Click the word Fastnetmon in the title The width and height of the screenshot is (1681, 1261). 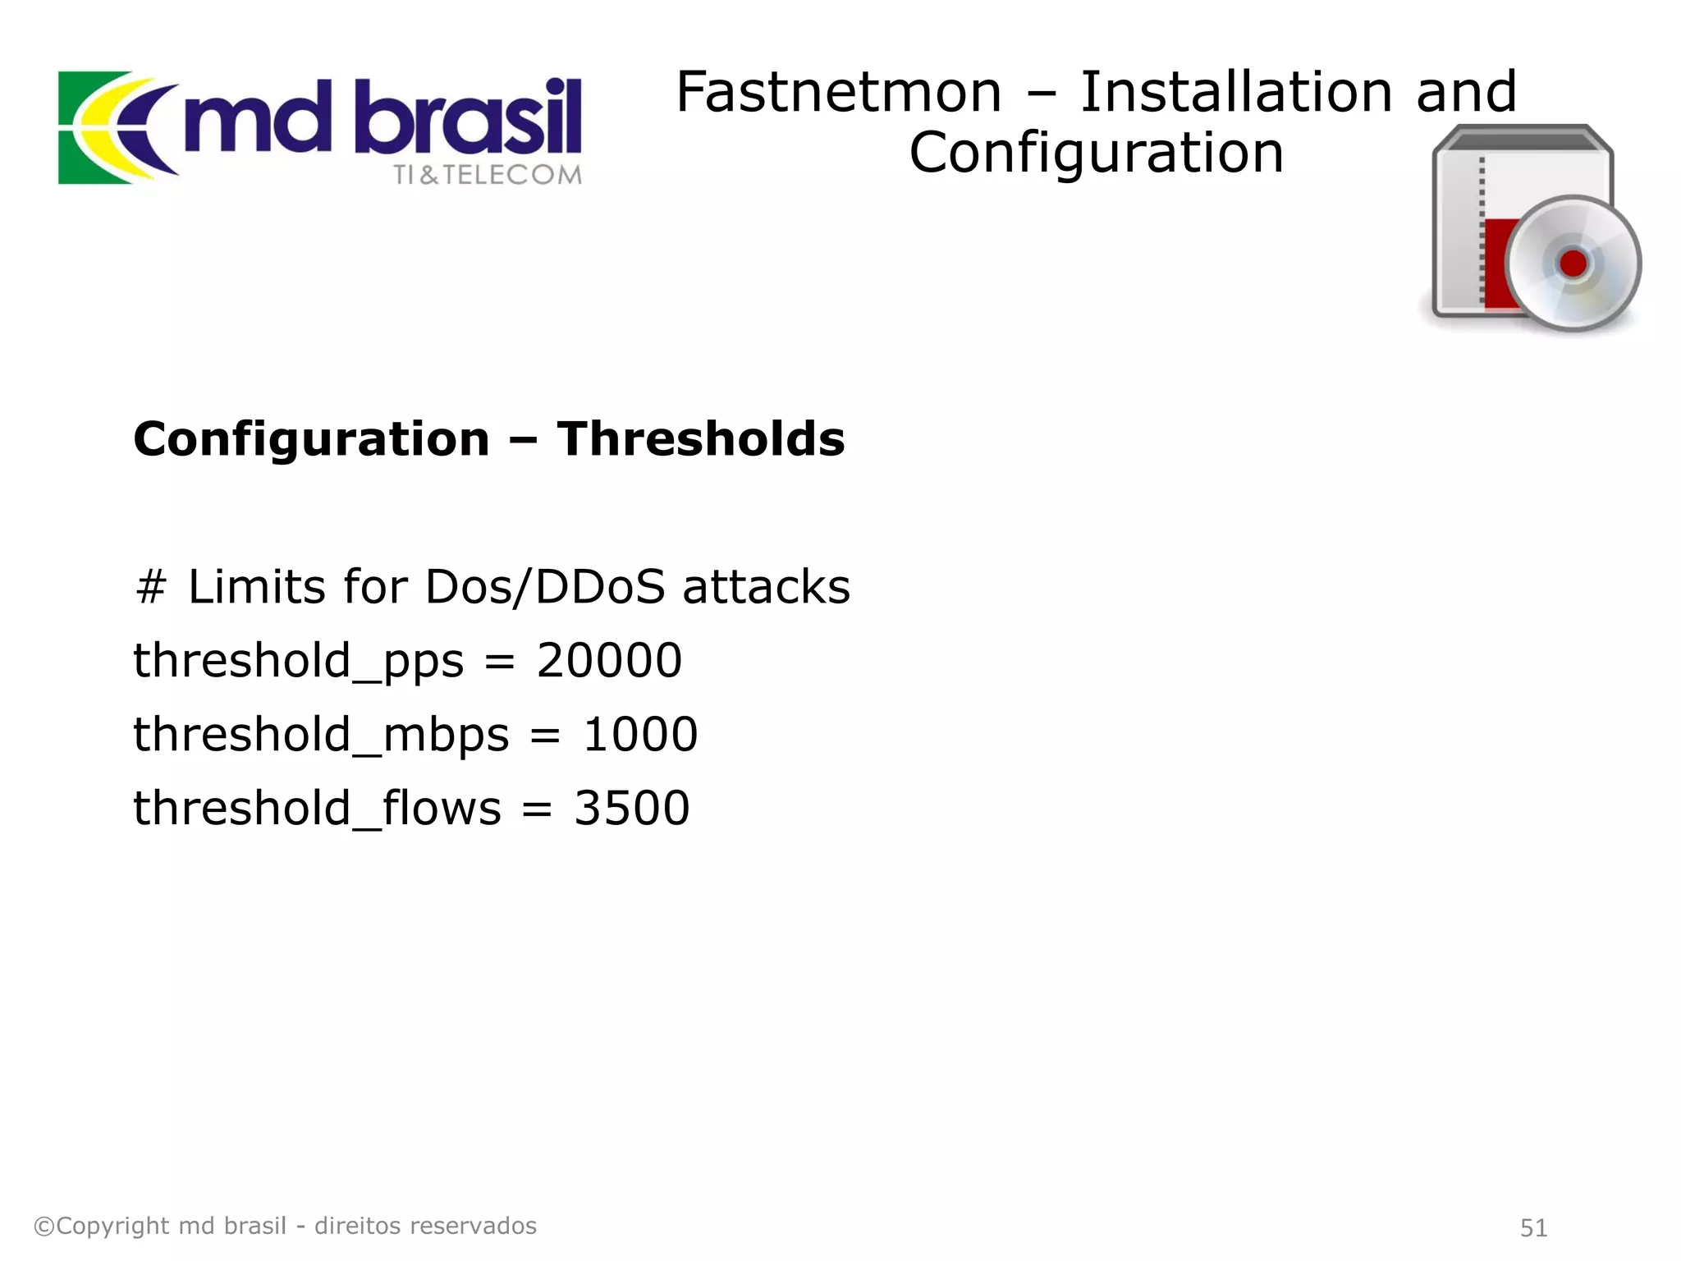838,92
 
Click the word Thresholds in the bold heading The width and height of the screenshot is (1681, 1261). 700,438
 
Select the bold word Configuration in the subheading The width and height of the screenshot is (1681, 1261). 311,440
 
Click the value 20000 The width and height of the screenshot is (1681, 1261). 609,660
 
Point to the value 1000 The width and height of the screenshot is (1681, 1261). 640,734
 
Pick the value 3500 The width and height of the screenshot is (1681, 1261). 631,808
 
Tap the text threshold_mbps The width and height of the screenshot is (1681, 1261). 321,735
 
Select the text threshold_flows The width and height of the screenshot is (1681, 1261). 317,809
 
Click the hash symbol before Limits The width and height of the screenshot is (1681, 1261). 151,588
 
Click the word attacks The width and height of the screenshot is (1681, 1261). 767,588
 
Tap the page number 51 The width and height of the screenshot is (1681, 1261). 1533,1228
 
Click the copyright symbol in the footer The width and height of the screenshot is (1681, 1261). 44,1227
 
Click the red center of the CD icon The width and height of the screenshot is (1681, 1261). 1573,264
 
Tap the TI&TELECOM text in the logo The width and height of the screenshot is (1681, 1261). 488,175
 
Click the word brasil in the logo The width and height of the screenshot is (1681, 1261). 473,119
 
